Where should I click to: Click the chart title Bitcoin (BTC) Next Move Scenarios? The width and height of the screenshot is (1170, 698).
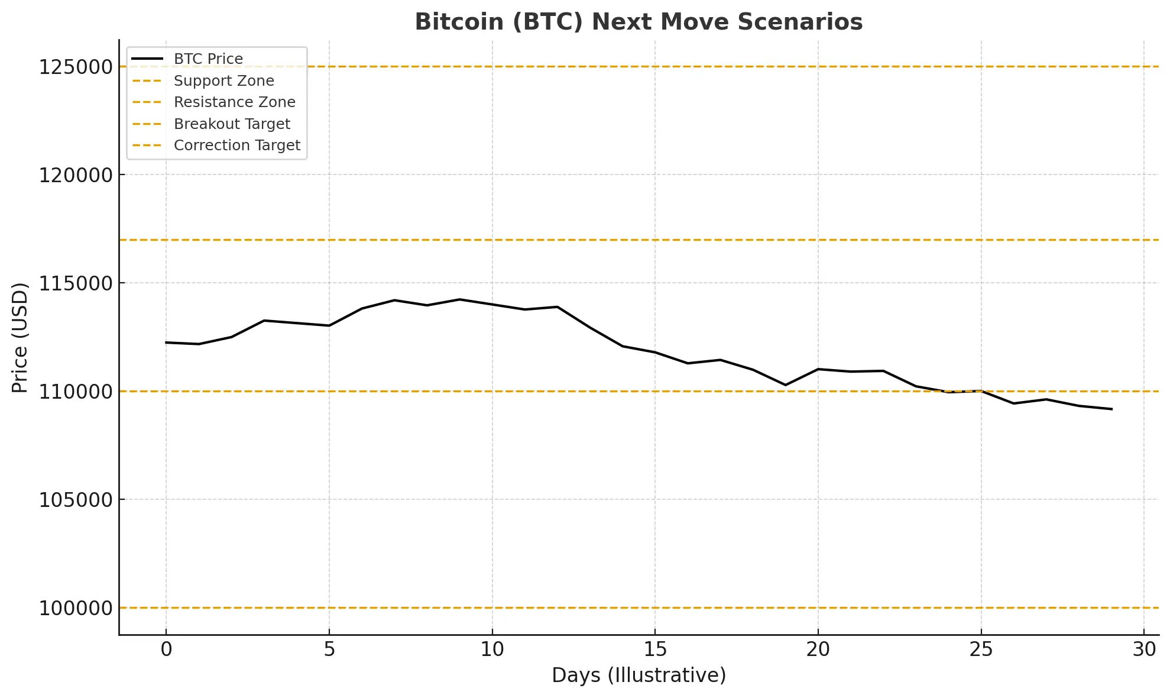(x=639, y=22)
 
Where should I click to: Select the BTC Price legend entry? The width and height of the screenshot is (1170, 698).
(x=208, y=59)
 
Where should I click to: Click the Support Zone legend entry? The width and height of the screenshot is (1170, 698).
(x=223, y=81)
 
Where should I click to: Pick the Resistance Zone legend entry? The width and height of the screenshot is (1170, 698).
(x=234, y=102)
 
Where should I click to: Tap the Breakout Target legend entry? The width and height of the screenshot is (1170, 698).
(x=232, y=124)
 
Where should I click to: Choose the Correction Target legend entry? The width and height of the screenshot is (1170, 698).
(x=236, y=146)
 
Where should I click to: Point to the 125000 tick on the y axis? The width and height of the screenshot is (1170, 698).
(x=76, y=67)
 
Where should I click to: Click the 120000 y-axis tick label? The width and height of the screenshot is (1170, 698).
(x=76, y=176)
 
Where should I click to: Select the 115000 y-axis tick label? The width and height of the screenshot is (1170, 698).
(x=76, y=284)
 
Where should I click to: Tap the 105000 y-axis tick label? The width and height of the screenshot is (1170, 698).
(x=76, y=500)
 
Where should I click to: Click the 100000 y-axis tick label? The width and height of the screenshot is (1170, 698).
(x=76, y=609)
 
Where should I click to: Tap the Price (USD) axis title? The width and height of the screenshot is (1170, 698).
(x=20, y=338)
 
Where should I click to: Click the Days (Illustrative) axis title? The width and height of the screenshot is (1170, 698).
(x=639, y=676)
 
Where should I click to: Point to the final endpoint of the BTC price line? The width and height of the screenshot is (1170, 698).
(x=1111, y=409)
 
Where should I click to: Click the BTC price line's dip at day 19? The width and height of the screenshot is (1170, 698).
(x=785, y=385)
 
